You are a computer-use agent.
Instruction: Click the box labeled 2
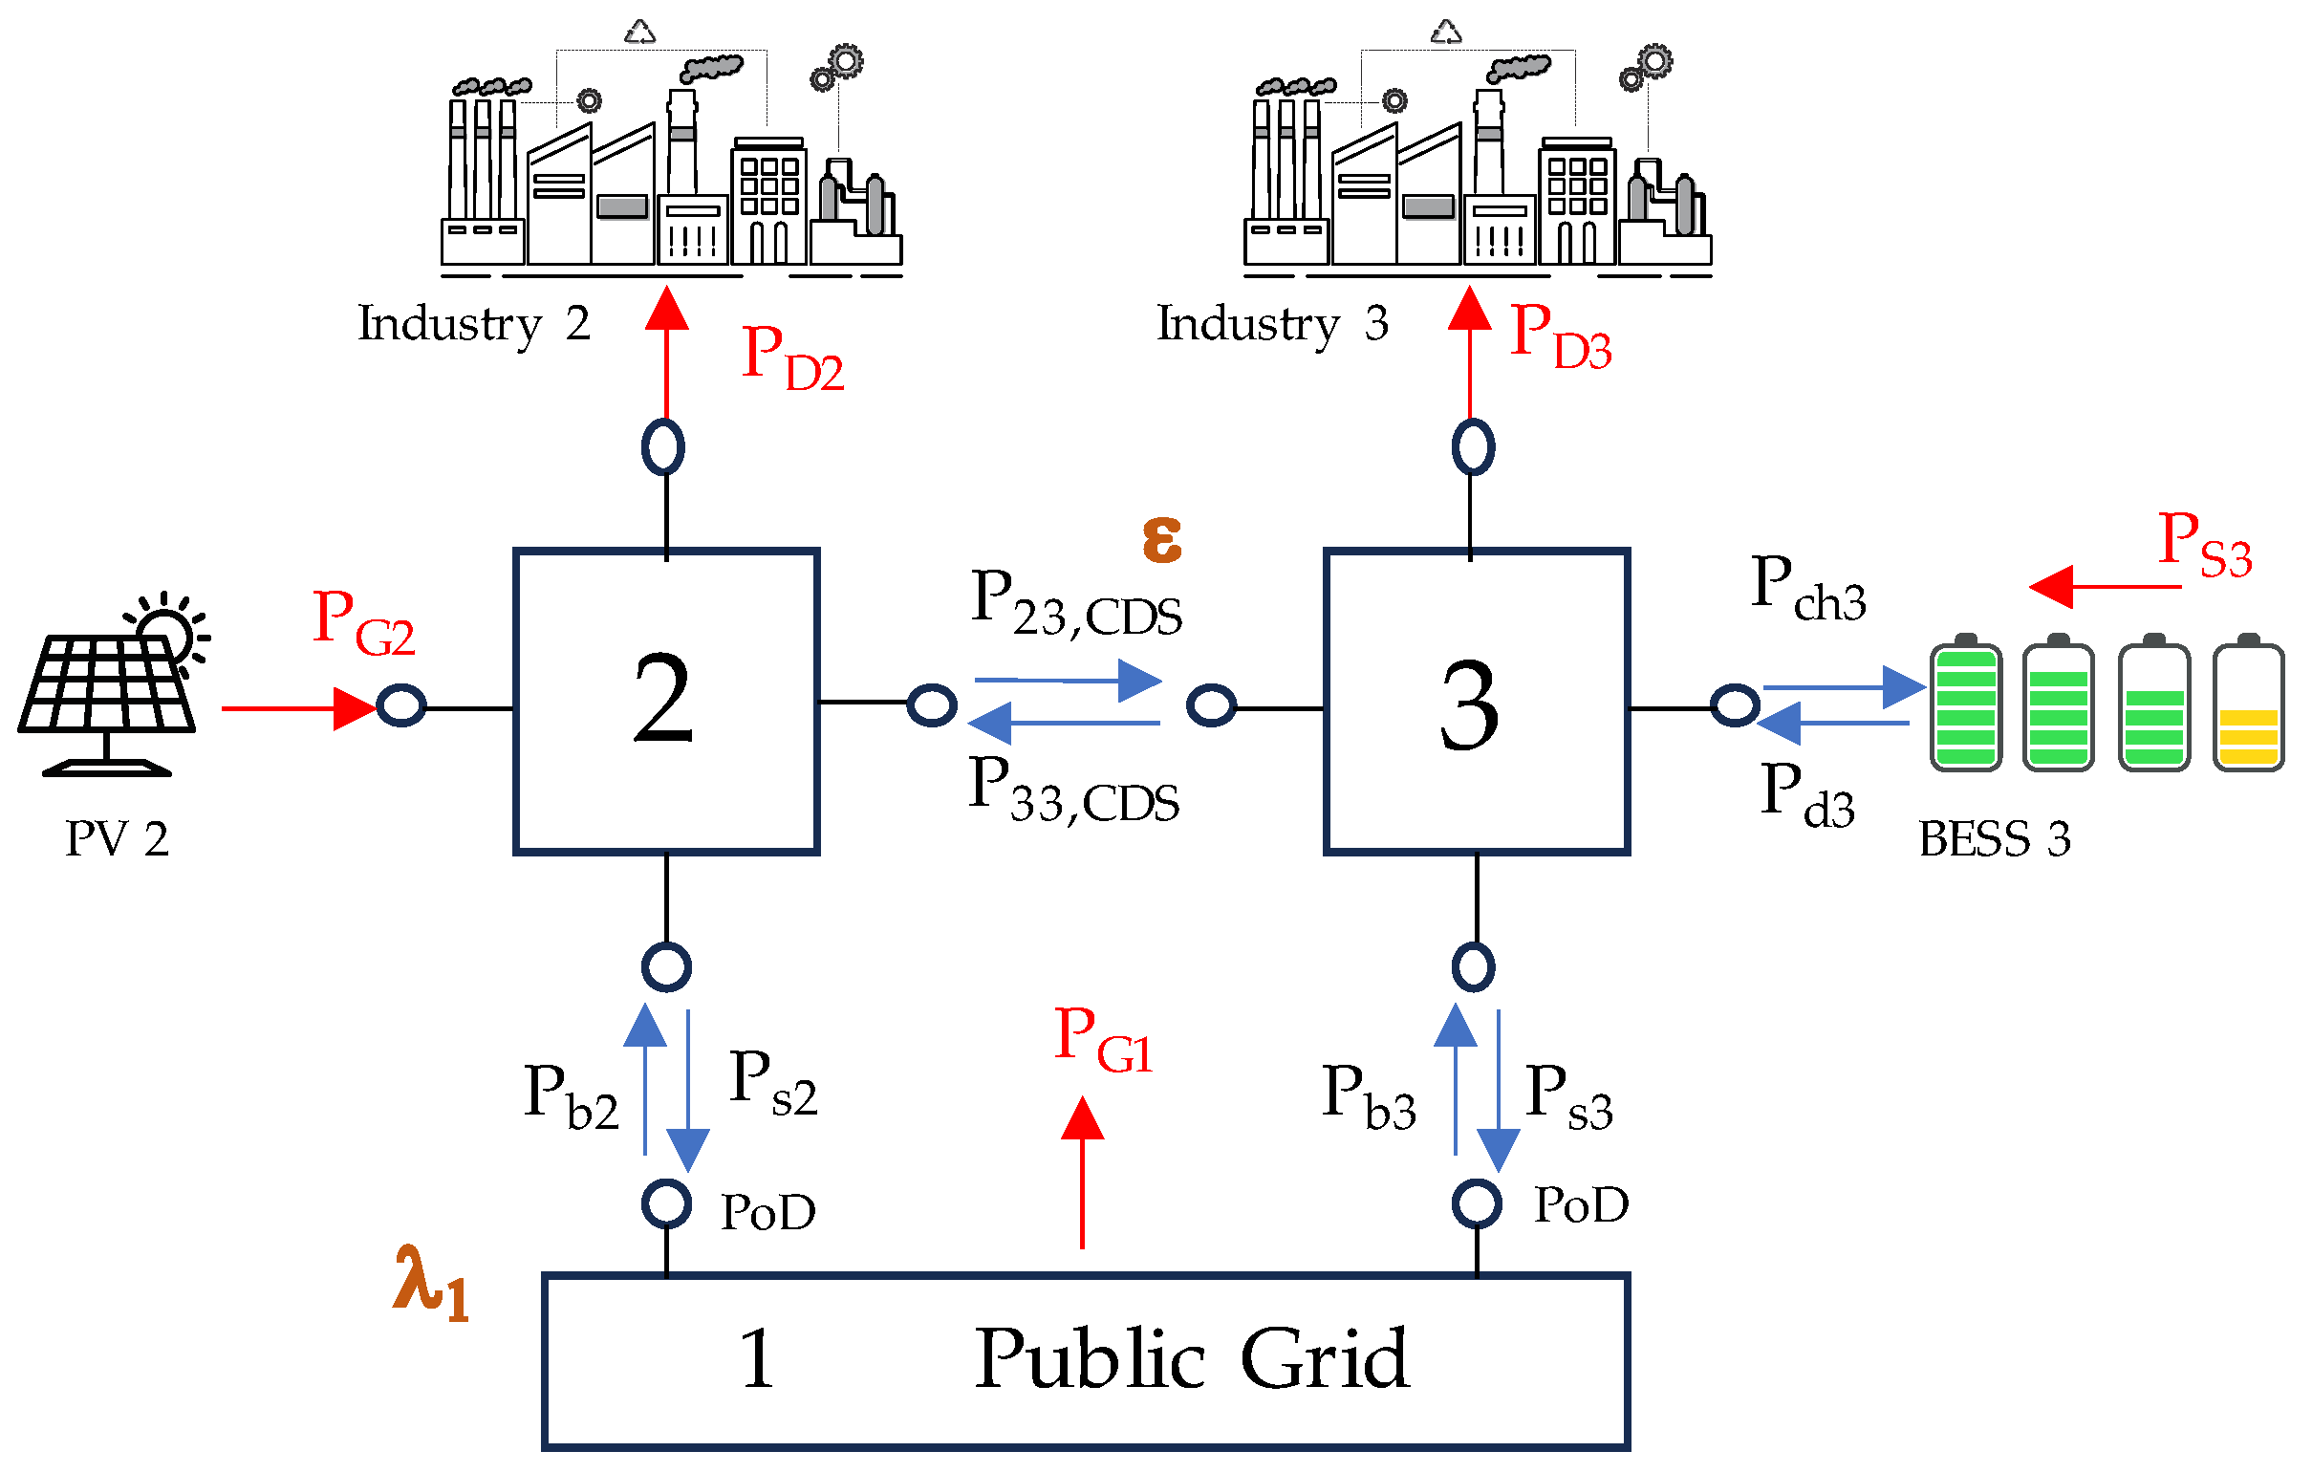coord(666,701)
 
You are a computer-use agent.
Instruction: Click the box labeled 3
coord(1476,701)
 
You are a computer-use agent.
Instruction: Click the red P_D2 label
coord(792,357)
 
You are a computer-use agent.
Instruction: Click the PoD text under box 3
coord(1581,1205)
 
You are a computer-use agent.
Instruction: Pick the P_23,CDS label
coord(1075,603)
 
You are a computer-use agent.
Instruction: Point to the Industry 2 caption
coord(473,324)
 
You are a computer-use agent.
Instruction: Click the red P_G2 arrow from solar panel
coord(297,708)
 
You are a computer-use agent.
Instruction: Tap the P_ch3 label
coord(1807,588)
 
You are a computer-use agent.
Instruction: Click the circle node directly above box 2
coord(662,446)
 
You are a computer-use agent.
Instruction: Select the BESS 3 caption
coord(1993,839)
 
